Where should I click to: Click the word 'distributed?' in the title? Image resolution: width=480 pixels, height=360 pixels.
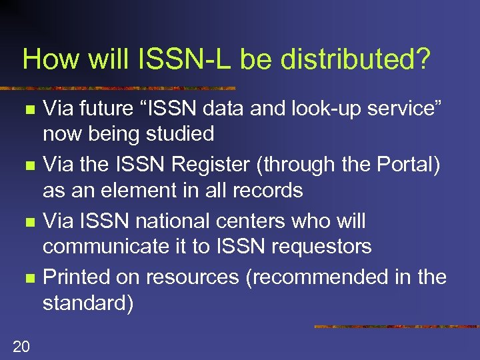pyautogui.click(x=355, y=59)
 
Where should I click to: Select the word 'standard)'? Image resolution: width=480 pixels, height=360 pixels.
pyautogui.click(x=88, y=303)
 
